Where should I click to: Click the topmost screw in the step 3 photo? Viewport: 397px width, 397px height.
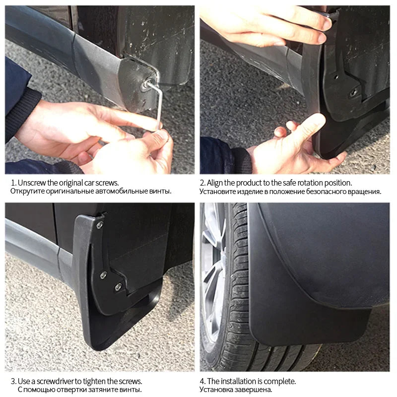click(100, 225)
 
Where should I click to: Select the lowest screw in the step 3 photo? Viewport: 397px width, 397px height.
click(118, 287)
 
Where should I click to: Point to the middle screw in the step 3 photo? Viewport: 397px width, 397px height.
click(103, 275)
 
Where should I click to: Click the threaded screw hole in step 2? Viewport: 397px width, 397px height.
click(354, 93)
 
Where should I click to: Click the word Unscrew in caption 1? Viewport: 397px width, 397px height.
click(32, 183)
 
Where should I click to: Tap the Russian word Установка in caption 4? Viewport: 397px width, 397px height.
click(216, 390)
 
